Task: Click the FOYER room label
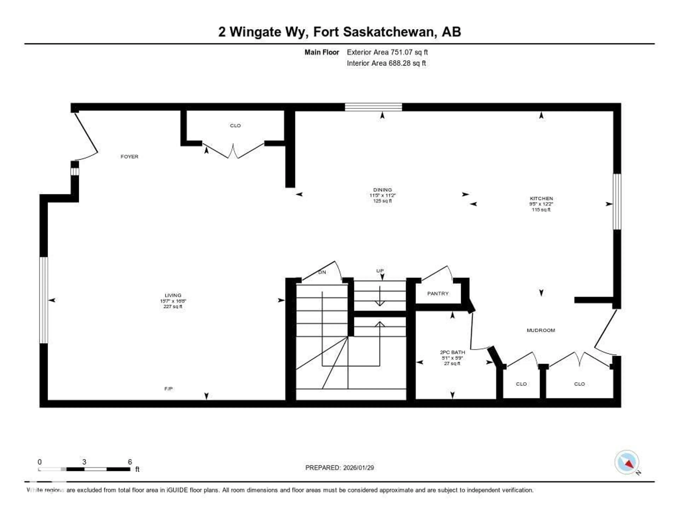point(129,157)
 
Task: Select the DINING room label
point(382,190)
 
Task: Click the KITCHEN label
point(541,198)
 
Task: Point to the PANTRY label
point(438,293)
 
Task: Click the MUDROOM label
point(541,330)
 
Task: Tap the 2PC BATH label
point(452,352)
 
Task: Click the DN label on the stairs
point(322,272)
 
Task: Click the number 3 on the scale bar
point(84,462)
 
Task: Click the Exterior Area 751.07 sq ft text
point(387,52)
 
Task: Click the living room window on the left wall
point(44,300)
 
